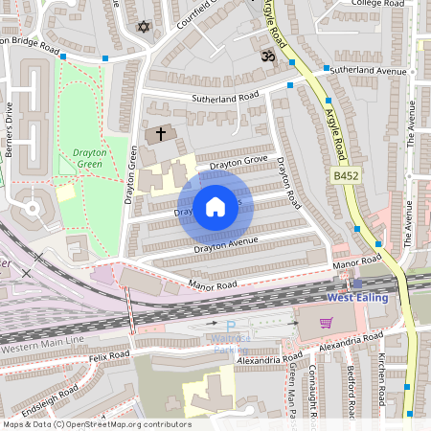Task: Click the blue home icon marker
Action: pos(215,206)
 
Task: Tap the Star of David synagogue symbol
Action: pos(145,27)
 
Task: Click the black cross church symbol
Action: pos(161,133)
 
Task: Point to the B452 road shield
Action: pos(347,177)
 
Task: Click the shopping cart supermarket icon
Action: pos(326,323)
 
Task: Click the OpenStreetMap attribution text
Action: pos(96,424)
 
